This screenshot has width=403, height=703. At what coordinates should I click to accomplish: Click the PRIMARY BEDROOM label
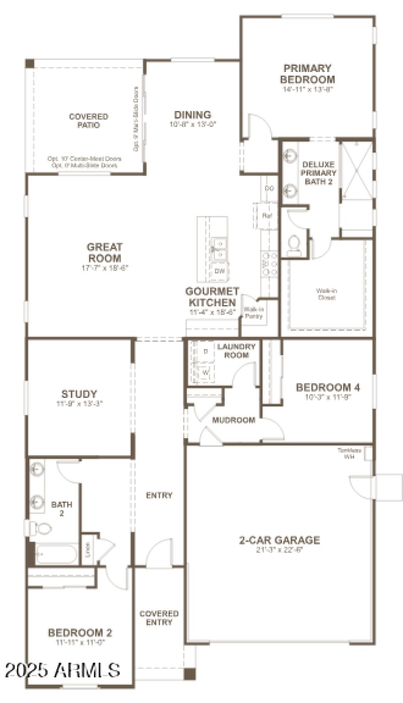pyautogui.click(x=307, y=74)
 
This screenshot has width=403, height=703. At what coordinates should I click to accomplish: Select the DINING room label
pyautogui.click(x=192, y=115)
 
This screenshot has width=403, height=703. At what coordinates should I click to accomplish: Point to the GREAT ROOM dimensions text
pyautogui.click(x=105, y=268)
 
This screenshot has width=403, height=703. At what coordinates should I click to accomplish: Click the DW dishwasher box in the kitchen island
pyautogui.click(x=219, y=271)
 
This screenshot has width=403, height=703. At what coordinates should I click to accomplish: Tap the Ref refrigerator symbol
pyautogui.click(x=267, y=216)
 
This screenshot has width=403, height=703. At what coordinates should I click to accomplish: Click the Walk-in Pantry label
pyautogui.click(x=251, y=313)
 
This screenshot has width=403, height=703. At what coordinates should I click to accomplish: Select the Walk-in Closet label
pyautogui.click(x=326, y=294)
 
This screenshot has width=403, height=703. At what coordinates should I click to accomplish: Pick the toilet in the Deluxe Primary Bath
pyautogui.click(x=294, y=245)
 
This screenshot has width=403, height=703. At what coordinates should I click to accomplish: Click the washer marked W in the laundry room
pyautogui.click(x=206, y=373)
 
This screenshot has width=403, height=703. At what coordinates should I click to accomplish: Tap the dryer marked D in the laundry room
pyautogui.click(x=206, y=351)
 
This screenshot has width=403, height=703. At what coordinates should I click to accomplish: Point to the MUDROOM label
pyautogui.click(x=234, y=420)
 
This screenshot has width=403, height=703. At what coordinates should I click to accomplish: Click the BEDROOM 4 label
pyautogui.click(x=328, y=387)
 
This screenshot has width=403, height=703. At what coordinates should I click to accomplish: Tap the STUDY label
pyautogui.click(x=79, y=394)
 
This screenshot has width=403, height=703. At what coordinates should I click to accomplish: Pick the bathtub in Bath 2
pyautogui.click(x=55, y=555)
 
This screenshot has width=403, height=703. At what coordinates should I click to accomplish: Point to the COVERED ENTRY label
pyautogui.click(x=159, y=618)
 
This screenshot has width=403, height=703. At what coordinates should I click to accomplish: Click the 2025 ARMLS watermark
pyautogui.click(x=62, y=670)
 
